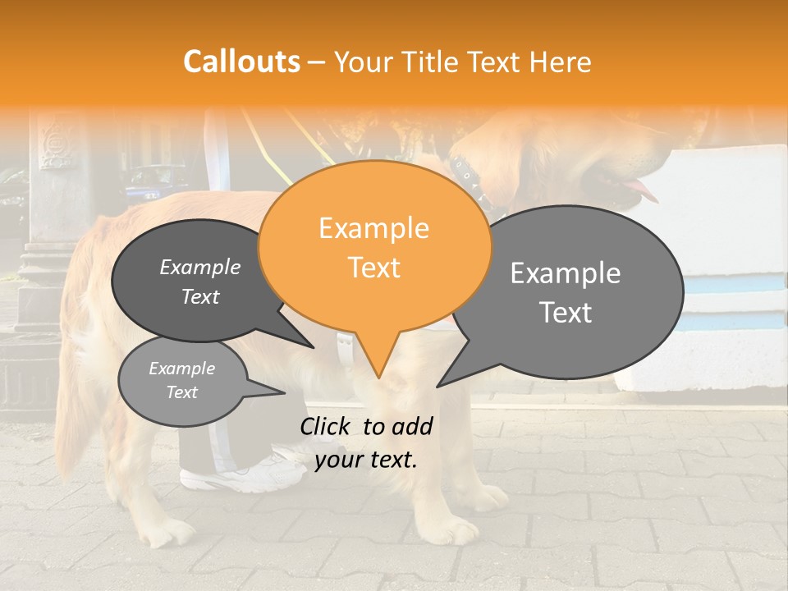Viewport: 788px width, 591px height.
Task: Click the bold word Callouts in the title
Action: pos(241,62)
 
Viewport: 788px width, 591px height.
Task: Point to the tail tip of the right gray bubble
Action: pos(439,385)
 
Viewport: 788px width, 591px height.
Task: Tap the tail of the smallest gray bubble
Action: pos(279,392)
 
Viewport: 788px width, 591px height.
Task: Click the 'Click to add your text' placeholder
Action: pos(366,443)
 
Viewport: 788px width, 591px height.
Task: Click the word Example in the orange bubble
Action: pos(373,228)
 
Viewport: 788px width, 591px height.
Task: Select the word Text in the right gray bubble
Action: pos(566,313)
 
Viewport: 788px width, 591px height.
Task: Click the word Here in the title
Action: pos(561,62)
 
